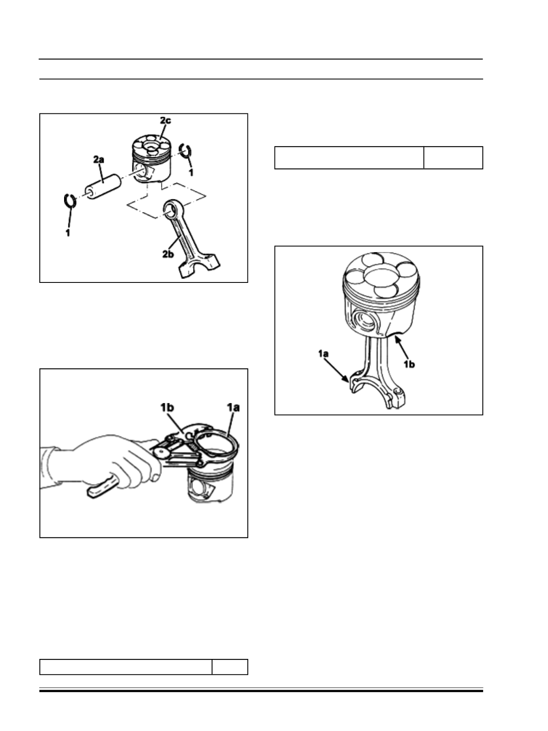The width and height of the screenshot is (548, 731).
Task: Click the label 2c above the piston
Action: pyautogui.click(x=165, y=120)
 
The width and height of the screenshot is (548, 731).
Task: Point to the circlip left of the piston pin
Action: pyautogui.click(x=70, y=201)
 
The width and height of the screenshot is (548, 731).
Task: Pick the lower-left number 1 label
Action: pyautogui.click(x=68, y=232)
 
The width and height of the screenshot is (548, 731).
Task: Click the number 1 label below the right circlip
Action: pyautogui.click(x=191, y=172)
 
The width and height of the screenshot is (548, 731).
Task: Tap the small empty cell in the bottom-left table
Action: pyautogui.click(x=230, y=667)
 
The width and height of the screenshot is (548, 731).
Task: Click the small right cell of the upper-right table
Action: pyautogui.click(x=453, y=158)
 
